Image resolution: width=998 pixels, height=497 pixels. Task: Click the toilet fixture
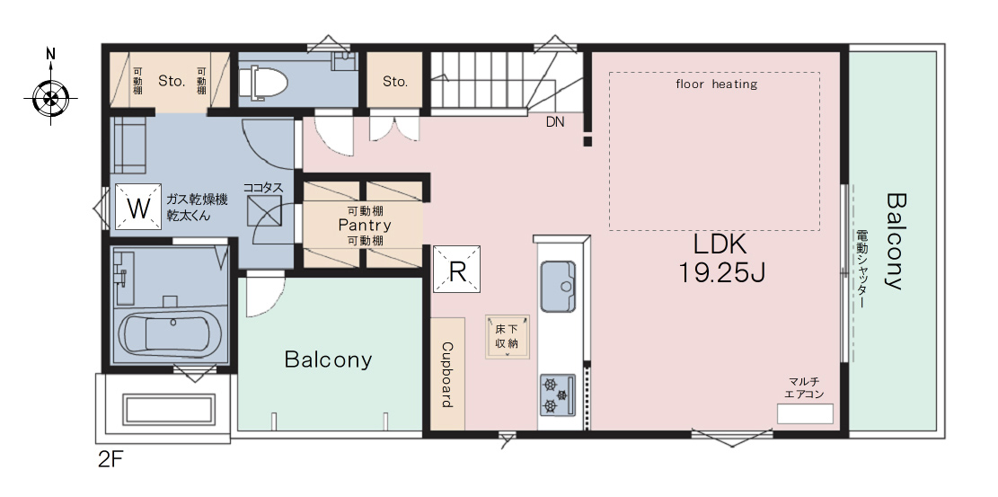coord(262,83)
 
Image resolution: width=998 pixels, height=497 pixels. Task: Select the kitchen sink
coord(558,286)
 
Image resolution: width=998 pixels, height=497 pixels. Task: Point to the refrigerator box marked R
coord(456,270)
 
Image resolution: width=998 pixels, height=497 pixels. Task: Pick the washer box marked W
coord(138,207)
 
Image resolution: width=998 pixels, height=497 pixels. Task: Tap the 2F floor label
coord(110,460)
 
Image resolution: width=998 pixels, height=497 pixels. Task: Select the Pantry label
coord(365,225)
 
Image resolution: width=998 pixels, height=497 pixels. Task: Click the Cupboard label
coord(446,375)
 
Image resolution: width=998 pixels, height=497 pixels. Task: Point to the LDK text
coord(720,244)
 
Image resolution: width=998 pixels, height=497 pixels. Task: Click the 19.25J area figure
coord(720,272)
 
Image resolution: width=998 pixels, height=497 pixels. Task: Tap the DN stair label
coord(555,122)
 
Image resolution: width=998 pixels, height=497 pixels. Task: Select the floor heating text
coord(716,84)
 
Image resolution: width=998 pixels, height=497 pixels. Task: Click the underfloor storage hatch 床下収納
coord(508,336)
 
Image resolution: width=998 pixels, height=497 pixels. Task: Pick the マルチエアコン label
coord(805,388)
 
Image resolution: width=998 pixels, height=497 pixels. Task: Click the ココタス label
coord(263,189)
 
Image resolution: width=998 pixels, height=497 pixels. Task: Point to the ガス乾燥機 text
coord(197,200)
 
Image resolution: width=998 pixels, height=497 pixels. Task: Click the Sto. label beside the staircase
coord(395,82)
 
